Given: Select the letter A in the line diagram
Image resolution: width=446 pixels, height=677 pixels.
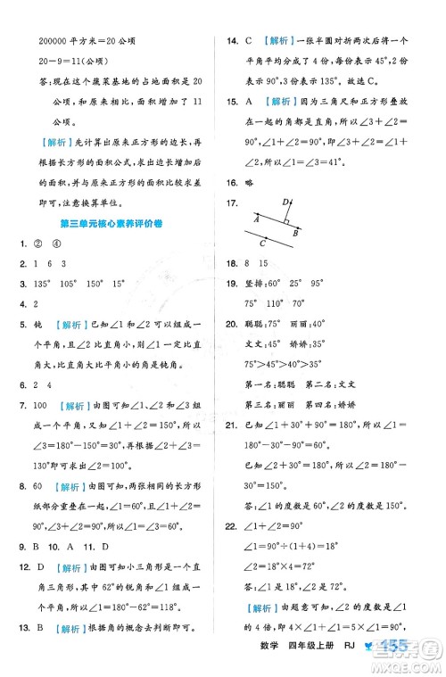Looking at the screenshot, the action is pyautogui.click(x=255, y=219).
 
